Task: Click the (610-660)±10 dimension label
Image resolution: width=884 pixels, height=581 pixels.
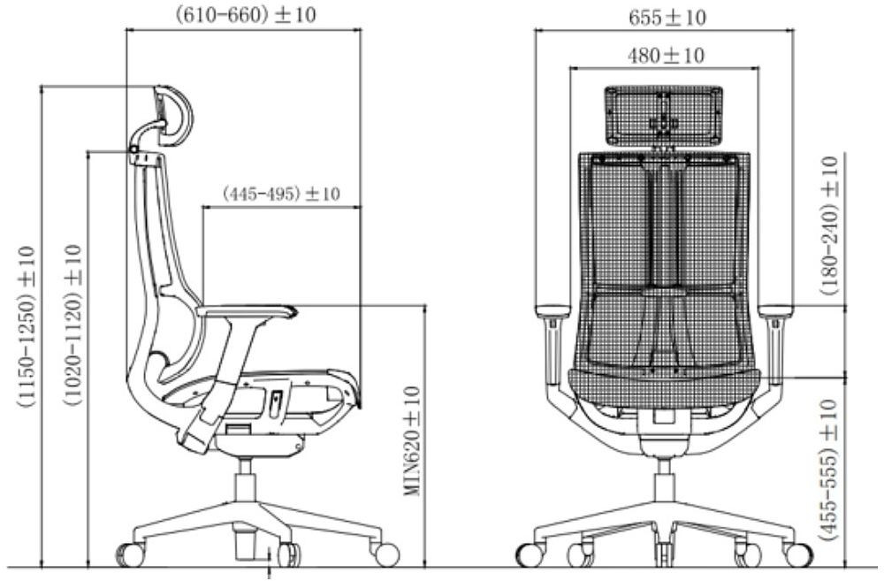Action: click(x=245, y=15)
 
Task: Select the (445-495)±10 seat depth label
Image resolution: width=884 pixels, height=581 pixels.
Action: click(x=281, y=194)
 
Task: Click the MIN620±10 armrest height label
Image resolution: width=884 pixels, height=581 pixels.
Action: click(x=413, y=440)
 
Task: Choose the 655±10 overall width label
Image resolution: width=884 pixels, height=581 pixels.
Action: click(x=667, y=18)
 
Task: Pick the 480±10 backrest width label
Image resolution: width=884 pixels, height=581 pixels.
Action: click(x=666, y=56)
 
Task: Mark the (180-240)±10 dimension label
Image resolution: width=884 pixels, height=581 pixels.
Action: click(x=829, y=226)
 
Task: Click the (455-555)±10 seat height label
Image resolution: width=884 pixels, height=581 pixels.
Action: click(x=828, y=470)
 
